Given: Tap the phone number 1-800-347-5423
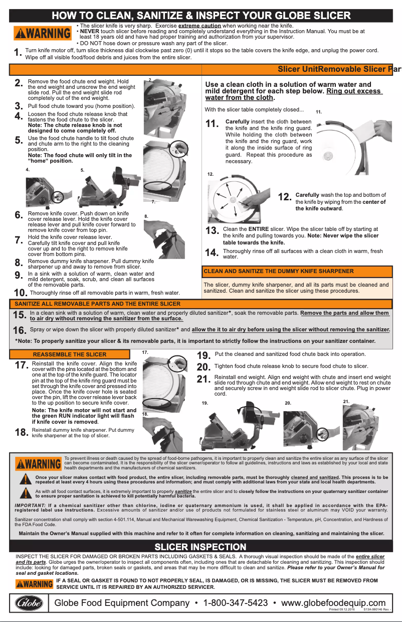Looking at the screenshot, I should pyautogui.click(x=235, y=603).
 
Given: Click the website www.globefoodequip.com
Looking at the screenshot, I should pyautogui.click(x=333, y=603).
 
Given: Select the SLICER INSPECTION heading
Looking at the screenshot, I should pyautogui.click(x=200, y=547).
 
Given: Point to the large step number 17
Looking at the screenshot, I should pyautogui.click(x=21, y=365).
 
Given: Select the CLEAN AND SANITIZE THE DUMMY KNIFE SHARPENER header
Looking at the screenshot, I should pyautogui.click(x=278, y=271).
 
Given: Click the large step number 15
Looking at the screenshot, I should pyautogui.click(x=20, y=315).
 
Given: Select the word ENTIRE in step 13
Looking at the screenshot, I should pyautogui.click(x=259, y=228).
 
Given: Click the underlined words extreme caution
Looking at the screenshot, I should pyautogui.click(x=199, y=25).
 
